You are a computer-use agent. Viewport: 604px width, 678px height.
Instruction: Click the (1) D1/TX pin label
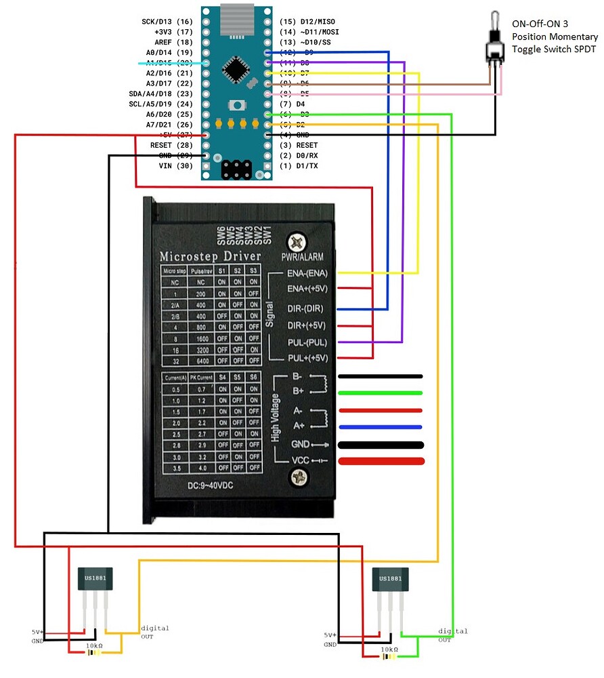(x=299, y=166)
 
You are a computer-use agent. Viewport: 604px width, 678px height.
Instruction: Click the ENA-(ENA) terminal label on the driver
(x=307, y=273)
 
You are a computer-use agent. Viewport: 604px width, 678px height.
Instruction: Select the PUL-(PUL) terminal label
(x=307, y=342)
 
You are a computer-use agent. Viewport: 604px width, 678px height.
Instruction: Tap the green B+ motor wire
(x=381, y=393)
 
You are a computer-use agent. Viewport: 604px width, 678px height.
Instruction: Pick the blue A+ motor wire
(x=381, y=427)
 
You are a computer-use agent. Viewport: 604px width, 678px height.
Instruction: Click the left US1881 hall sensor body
(x=95, y=578)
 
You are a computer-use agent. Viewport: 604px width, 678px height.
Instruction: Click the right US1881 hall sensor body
(x=390, y=578)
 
